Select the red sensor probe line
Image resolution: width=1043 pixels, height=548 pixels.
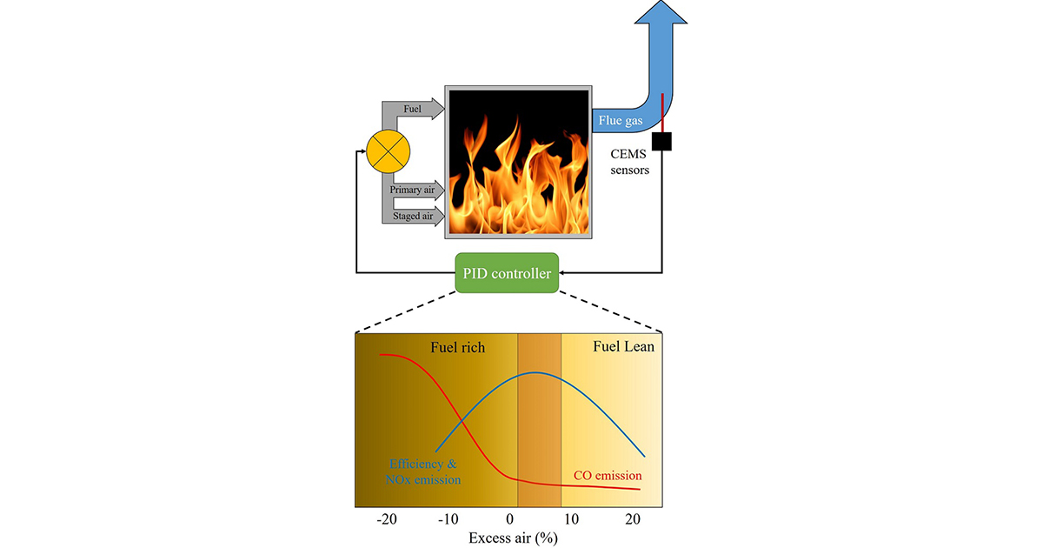point(662,111)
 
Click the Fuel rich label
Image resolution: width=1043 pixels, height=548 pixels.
point(457,347)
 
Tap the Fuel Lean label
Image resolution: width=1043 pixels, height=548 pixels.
point(623,346)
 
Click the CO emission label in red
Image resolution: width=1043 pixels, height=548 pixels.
point(608,476)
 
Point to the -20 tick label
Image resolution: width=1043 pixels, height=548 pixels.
point(387,519)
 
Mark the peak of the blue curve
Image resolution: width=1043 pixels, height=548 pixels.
point(535,372)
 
